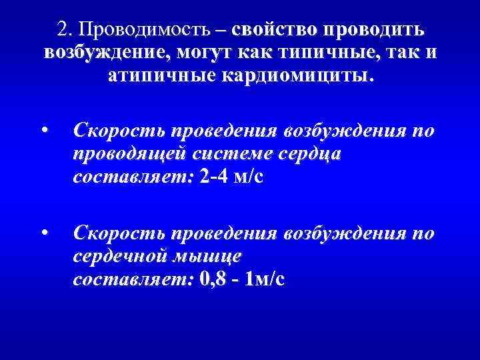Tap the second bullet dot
coord(43,232)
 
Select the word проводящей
coord(131,155)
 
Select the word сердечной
coord(123,256)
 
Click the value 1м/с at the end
coord(265,279)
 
